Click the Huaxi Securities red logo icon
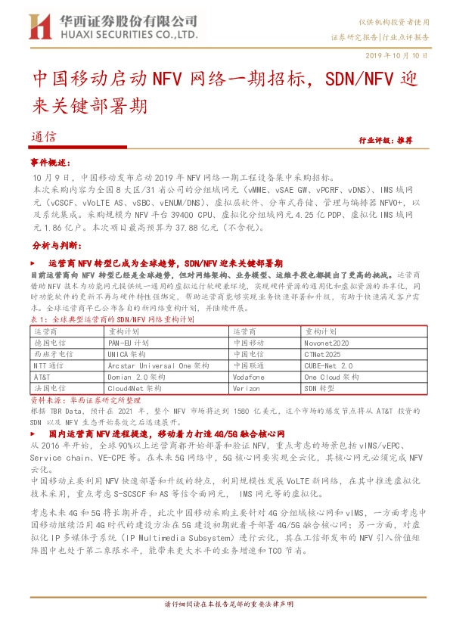[39, 27]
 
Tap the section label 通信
[45, 138]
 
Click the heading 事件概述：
[50, 163]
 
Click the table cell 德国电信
[50, 342]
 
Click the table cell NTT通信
[48, 365]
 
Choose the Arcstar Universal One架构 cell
[159, 365]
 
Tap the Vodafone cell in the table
[249, 376]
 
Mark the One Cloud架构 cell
[332, 376]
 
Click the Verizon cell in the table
[247, 387]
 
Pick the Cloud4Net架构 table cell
[138, 387]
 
